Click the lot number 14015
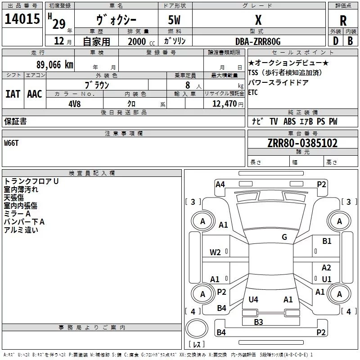click(x=22, y=19)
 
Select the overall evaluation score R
click(x=343, y=21)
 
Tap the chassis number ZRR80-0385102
click(x=302, y=143)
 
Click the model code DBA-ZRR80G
click(x=258, y=41)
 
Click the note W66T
click(x=12, y=143)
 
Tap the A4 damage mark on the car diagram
click(x=220, y=184)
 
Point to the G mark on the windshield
click(x=284, y=237)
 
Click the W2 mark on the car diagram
click(x=215, y=252)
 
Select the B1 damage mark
click(x=327, y=241)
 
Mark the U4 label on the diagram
click(x=253, y=299)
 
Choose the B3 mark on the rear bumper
click(x=258, y=322)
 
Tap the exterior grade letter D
click(x=335, y=41)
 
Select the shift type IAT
click(x=13, y=94)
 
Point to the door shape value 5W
click(x=175, y=20)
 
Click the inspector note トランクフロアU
click(x=31, y=181)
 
